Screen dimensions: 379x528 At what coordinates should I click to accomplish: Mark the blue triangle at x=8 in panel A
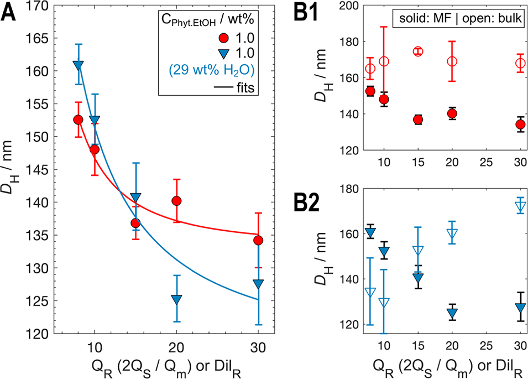pos(78,65)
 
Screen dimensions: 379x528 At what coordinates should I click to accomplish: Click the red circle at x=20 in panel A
pos(176,201)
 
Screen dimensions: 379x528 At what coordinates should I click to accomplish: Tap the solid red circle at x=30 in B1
pos(520,124)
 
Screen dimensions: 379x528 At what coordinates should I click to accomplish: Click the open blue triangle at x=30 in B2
pos(520,206)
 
